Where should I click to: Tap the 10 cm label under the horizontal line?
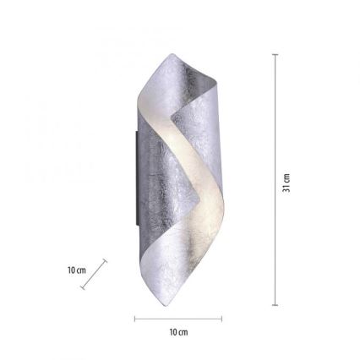178,332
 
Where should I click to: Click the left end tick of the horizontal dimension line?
135,319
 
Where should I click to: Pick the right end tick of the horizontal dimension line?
221,319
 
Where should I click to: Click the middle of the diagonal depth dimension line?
95,275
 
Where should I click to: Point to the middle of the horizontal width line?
178,319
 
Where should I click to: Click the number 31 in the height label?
286,177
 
